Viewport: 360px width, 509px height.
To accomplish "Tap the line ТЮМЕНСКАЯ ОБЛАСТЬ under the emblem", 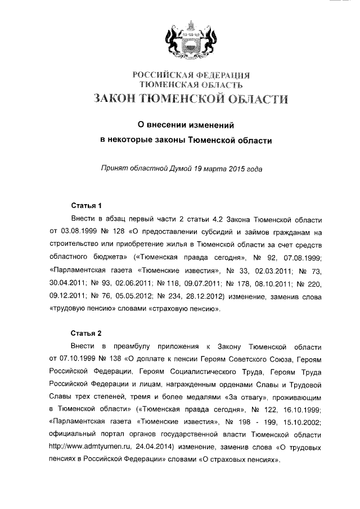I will (x=191, y=85).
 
